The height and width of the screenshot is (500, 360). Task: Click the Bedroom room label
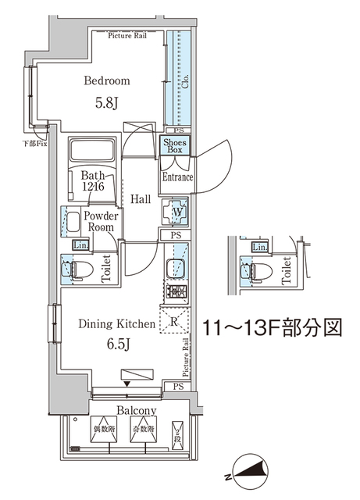(107, 80)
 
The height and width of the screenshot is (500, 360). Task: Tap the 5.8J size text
(107, 102)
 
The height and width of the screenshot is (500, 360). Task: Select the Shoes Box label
(173, 145)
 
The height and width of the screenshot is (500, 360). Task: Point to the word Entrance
(177, 177)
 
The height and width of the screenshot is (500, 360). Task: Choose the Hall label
(141, 200)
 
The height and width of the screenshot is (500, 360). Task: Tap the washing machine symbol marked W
(175, 211)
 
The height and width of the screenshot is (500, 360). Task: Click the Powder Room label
(102, 222)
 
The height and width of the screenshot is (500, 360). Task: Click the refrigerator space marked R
(172, 320)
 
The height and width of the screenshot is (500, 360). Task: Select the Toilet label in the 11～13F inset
(286, 271)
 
